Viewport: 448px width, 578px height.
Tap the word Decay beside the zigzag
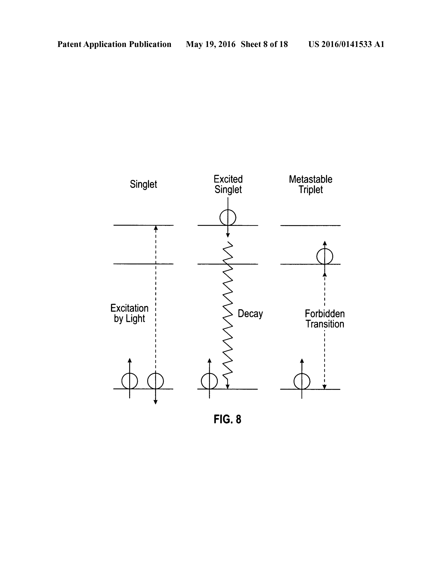pyautogui.click(x=250, y=314)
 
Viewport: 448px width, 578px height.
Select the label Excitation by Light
pyautogui.click(x=129, y=313)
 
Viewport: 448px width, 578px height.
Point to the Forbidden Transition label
pyautogui.click(x=325, y=319)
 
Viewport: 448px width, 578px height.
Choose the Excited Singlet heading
pyautogui.click(x=228, y=184)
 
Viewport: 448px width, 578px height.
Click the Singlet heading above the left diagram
pyautogui.click(x=143, y=184)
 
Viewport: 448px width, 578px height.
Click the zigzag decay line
pyautogui.click(x=228, y=315)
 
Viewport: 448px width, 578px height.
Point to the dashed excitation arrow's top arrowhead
pyautogui.click(x=156, y=228)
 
